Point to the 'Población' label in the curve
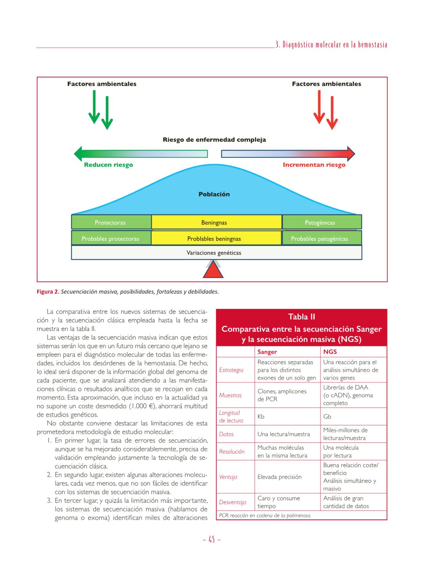click(x=214, y=194)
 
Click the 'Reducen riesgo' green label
click(x=108, y=165)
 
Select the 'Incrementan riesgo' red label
click(x=314, y=165)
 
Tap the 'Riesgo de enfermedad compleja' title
click(x=214, y=140)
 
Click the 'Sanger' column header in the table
click(x=267, y=352)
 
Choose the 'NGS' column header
click(x=330, y=352)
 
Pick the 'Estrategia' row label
click(x=231, y=370)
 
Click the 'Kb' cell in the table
click(x=261, y=417)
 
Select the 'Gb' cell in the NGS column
click(x=327, y=417)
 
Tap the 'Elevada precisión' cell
click(x=279, y=477)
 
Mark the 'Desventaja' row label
click(x=232, y=502)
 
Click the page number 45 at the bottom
click(x=212, y=540)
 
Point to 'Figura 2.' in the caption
click(x=48, y=292)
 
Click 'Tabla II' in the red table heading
click(x=301, y=317)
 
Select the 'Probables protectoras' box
click(x=111, y=239)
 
